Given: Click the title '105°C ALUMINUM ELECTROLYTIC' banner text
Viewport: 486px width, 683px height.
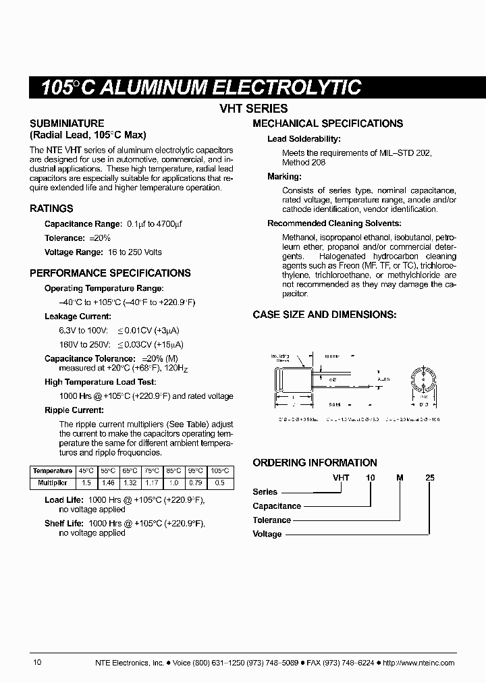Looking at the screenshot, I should point(201,88).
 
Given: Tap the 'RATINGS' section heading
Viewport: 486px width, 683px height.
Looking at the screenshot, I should point(51,209).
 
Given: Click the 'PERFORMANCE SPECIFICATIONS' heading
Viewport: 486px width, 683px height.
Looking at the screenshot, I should point(110,273).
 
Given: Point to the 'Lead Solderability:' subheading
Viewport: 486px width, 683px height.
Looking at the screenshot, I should point(304,139).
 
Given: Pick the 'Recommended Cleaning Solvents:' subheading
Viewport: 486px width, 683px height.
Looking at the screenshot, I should point(334,223).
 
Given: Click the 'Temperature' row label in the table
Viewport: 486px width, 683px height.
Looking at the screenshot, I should point(53,471).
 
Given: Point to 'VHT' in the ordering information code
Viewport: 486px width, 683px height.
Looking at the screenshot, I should point(341,477).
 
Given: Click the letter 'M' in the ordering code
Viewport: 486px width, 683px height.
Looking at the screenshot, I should point(400,477).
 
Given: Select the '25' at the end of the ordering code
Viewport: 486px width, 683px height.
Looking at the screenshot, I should point(429,477).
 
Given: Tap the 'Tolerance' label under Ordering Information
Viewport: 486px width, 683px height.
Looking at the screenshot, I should point(271,520).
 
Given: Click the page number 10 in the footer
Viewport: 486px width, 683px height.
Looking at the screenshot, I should point(37,662).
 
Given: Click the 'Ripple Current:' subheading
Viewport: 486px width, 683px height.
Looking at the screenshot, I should point(74,410).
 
